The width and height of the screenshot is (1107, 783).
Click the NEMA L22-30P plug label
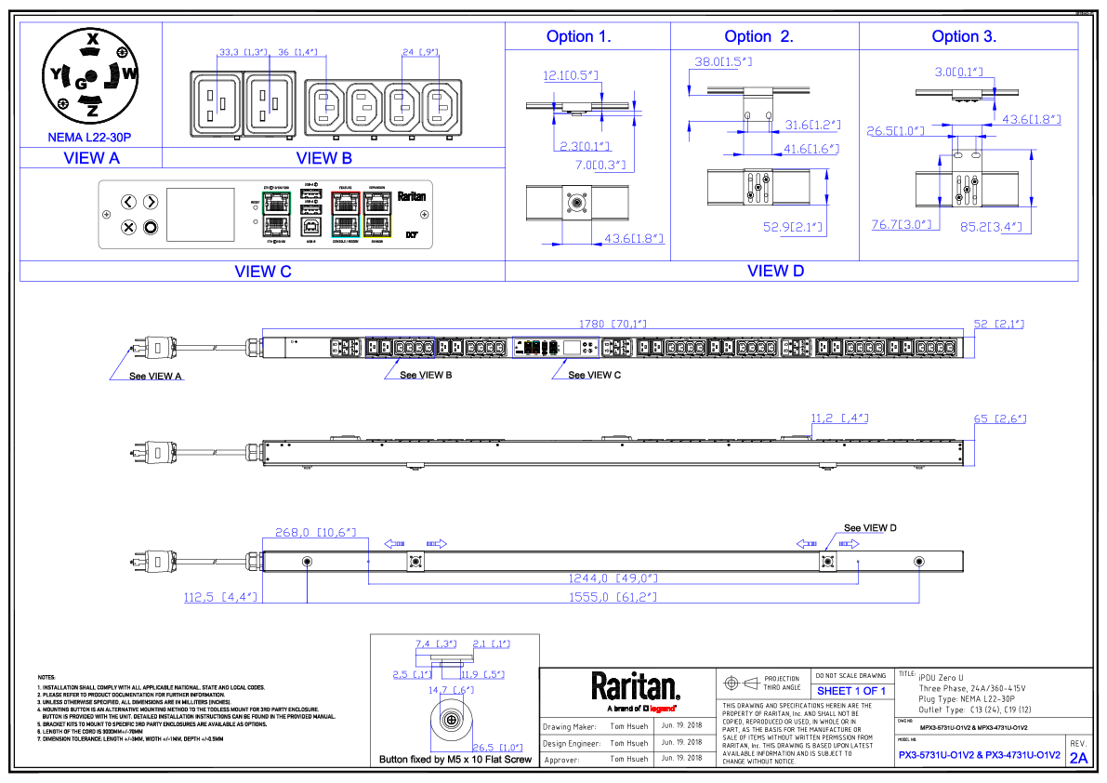pos(89,137)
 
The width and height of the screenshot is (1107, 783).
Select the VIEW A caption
pos(91,158)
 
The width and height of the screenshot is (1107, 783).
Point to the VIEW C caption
pos(263,272)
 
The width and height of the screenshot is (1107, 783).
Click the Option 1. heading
pos(578,37)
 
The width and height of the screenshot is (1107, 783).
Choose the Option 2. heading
pos(758,37)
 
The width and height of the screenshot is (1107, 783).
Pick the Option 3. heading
pos(964,37)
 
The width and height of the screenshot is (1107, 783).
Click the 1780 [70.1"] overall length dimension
pos(613,325)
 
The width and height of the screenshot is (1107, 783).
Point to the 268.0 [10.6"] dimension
pos(316,533)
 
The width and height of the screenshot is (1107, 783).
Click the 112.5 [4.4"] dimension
pos(220,597)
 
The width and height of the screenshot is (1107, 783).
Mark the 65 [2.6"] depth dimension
pos(999,419)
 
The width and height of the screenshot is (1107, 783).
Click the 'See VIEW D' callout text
pos(870,528)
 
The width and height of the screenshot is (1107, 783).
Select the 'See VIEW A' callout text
pos(156,376)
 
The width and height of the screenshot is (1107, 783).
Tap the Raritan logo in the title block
pos(636,688)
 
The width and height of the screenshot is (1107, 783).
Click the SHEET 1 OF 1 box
pos(851,691)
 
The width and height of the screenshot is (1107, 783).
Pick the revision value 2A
pos(1078,758)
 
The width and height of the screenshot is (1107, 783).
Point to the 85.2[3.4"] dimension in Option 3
pos(991,226)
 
